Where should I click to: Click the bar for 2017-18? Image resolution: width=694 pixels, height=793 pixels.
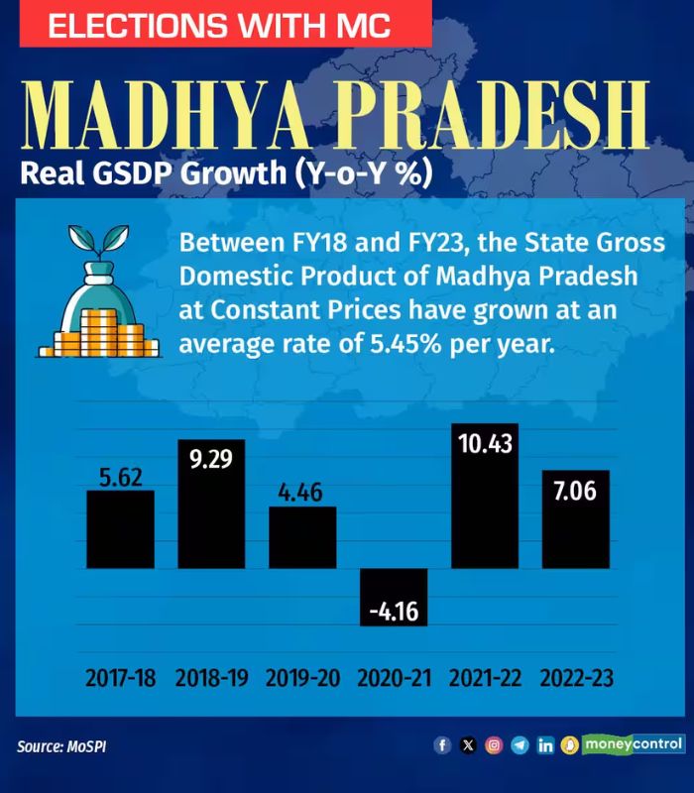coord(120,529)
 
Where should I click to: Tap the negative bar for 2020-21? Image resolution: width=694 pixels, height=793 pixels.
coord(394,597)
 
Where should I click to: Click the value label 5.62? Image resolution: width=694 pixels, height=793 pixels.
coord(120,477)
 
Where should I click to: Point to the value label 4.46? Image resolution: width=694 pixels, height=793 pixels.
coord(302,493)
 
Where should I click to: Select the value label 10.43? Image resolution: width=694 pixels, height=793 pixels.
coord(485,443)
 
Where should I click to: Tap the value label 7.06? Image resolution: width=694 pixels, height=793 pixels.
coord(576,490)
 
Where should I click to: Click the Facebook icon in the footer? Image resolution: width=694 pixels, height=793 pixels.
coord(442,745)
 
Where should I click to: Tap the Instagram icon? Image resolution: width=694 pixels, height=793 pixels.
coord(494,745)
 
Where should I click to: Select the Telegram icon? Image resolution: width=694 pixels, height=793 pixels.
coord(520,745)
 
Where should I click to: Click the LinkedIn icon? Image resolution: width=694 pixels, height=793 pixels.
coord(545,745)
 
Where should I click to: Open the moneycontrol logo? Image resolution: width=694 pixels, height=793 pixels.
coord(633,743)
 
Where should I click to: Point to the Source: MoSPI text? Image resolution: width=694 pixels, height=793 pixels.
coord(61,745)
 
